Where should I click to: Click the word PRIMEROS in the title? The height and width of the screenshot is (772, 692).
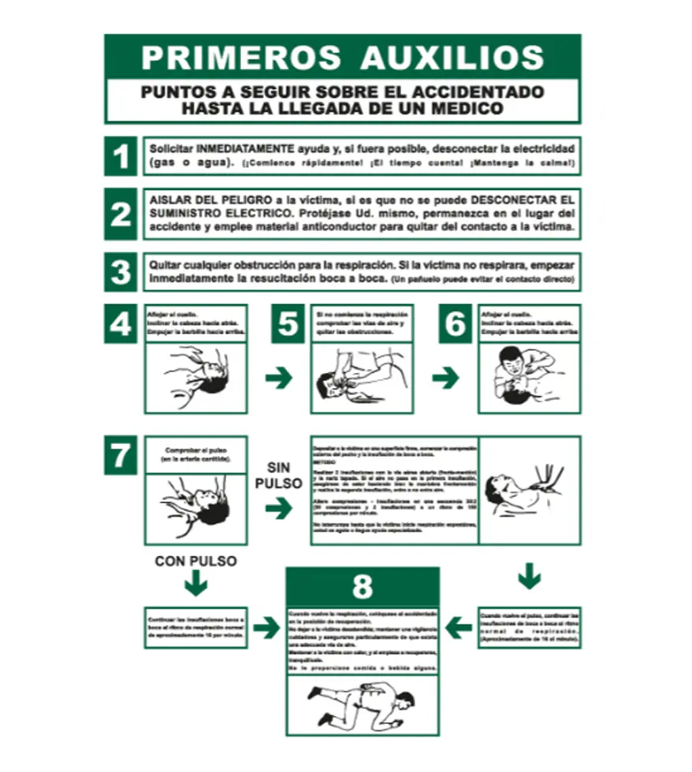(240, 57)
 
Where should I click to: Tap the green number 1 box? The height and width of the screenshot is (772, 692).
(121, 156)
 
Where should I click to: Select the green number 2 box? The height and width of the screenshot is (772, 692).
(121, 214)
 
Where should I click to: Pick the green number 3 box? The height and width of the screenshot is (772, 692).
(121, 272)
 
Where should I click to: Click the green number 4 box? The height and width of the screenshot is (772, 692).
(121, 323)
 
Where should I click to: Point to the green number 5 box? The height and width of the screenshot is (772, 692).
(288, 323)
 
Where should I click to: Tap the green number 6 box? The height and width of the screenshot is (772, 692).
(455, 323)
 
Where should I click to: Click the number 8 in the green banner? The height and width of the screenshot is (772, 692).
(362, 587)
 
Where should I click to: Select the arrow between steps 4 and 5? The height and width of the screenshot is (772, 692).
(278, 378)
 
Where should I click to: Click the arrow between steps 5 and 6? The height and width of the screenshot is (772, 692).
(445, 378)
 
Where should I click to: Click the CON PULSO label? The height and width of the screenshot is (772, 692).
(195, 561)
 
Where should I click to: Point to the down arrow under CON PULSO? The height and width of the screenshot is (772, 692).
(195, 584)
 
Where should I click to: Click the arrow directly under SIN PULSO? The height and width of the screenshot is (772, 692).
(278, 509)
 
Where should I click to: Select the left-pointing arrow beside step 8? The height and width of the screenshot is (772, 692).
(458, 628)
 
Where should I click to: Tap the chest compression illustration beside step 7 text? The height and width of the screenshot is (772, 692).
(530, 489)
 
